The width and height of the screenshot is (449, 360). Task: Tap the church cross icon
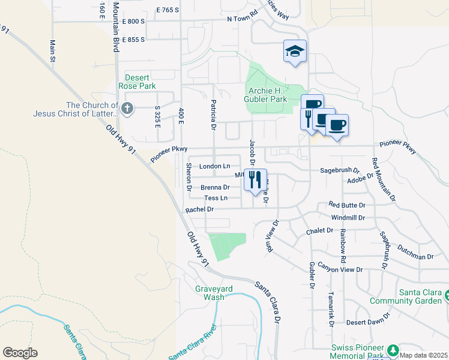click(x=127, y=109)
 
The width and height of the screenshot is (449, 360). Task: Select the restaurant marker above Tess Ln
click(x=256, y=179)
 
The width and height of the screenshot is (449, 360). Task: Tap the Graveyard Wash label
click(x=209, y=292)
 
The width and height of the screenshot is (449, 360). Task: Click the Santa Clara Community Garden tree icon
click(x=446, y=295)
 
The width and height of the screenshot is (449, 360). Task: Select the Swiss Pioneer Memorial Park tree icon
click(x=393, y=350)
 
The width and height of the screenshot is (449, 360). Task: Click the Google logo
click(x=20, y=352)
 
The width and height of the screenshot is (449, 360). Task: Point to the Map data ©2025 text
click(x=423, y=355)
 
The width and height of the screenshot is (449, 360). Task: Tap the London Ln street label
click(x=215, y=166)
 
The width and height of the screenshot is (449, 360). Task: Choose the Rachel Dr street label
click(x=200, y=209)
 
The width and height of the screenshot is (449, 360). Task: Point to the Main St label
click(x=53, y=51)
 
